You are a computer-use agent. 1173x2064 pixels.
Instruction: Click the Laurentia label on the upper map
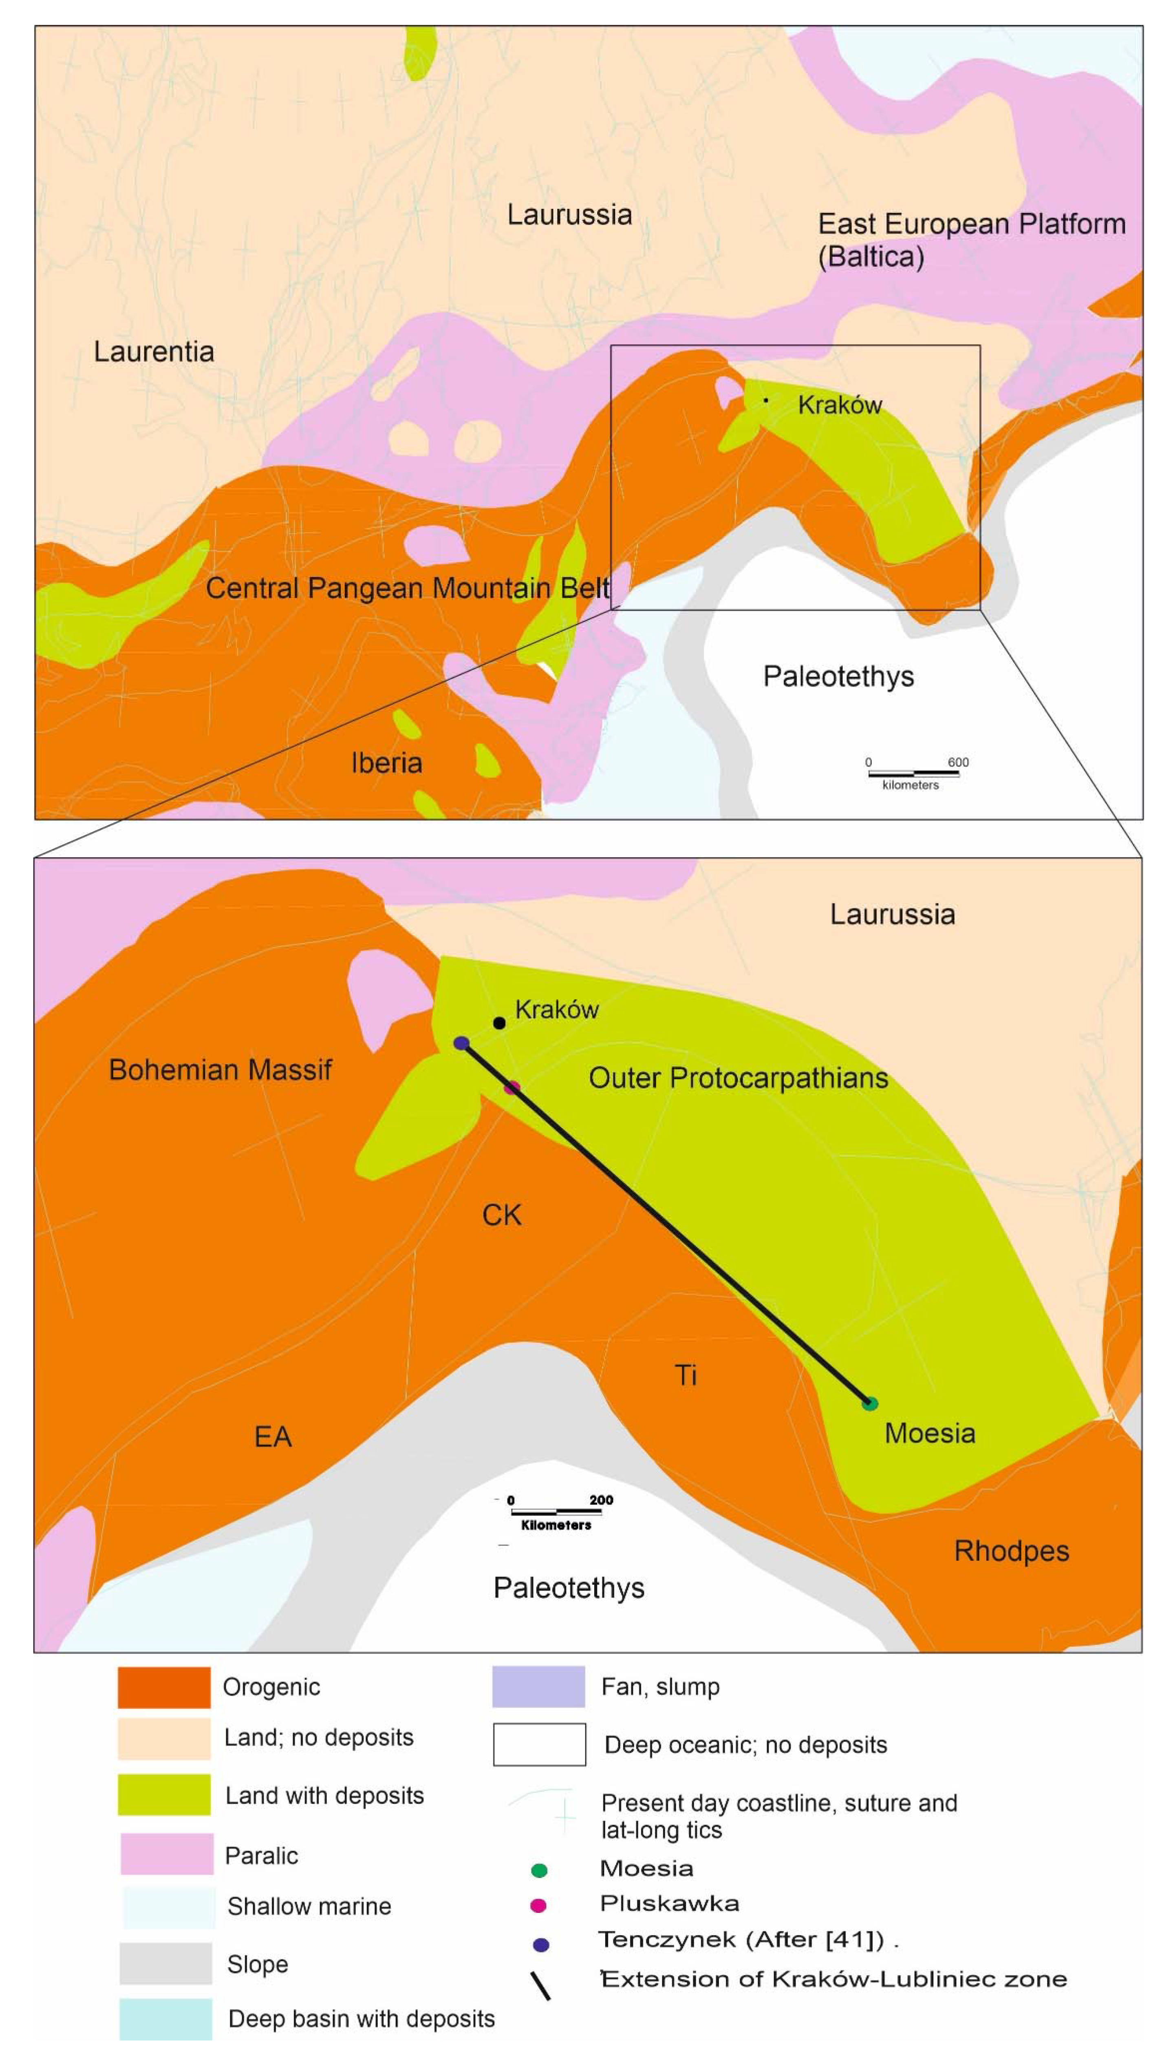154,352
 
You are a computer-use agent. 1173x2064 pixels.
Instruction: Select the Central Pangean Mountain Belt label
408,588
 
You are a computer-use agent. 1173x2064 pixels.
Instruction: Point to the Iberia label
387,762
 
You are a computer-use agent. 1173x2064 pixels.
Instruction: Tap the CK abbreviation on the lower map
501,1215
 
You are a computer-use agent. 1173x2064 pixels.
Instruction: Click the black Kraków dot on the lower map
500,1023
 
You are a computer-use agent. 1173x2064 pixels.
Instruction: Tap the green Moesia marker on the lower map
869,1403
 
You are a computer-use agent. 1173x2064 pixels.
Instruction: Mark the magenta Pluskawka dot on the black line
512,1088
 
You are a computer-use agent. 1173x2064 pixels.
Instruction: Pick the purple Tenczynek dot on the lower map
462,1043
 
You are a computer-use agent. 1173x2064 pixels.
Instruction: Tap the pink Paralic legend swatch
167,1854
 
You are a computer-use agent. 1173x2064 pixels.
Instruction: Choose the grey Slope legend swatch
165,1963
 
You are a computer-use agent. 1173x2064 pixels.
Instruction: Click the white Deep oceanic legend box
539,1744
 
